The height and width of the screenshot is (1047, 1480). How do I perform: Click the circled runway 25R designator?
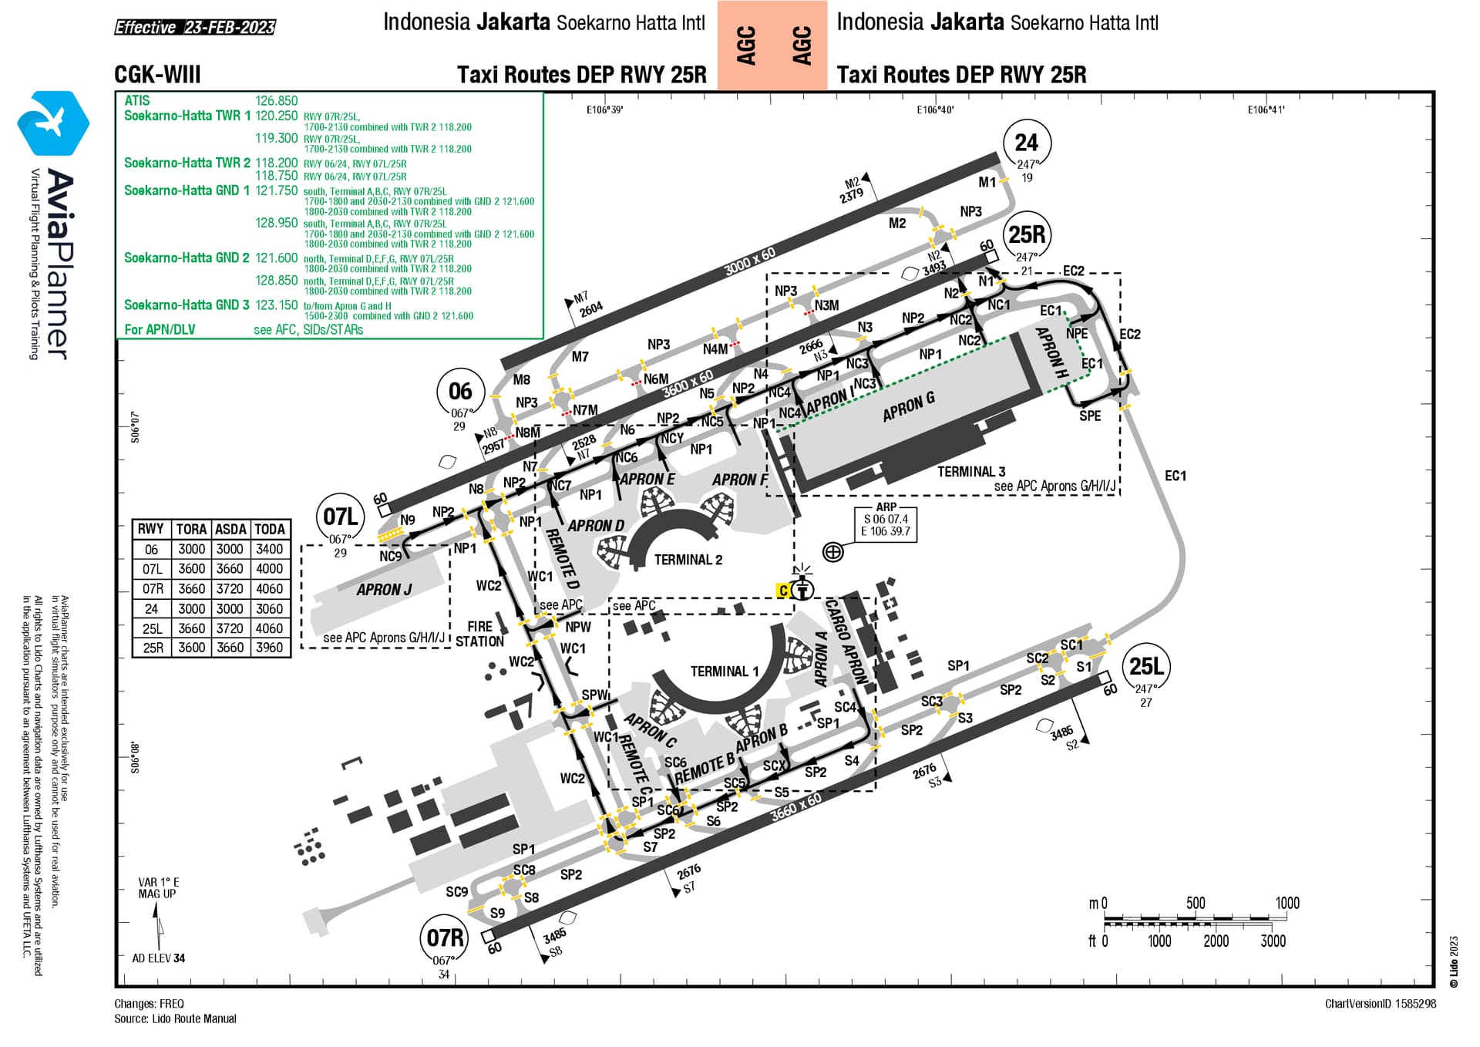click(1027, 234)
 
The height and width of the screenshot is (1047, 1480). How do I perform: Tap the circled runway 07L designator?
click(341, 517)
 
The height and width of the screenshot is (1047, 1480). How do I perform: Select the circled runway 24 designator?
click(1026, 143)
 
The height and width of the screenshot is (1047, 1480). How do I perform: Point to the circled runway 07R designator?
click(446, 938)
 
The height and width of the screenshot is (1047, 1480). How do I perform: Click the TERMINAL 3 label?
click(971, 471)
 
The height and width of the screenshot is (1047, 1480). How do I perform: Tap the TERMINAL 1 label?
click(724, 672)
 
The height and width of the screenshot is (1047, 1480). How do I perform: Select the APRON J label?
click(384, 590)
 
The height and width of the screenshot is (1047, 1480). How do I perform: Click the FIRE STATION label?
click(479, 634)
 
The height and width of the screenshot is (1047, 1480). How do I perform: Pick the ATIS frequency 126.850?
click(276, 101)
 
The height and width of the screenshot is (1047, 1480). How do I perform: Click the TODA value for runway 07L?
click(270, 569)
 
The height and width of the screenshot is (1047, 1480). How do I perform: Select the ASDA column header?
click(230, 529)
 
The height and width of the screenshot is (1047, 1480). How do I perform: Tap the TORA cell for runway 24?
click(191, 608)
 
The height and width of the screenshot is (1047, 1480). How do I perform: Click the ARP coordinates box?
click(886, 524)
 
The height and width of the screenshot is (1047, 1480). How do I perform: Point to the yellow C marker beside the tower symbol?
click(783, 591)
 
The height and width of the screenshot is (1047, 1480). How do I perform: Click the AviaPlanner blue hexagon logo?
click(53, 123)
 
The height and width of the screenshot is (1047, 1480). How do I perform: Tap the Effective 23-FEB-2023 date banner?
click(195, 28)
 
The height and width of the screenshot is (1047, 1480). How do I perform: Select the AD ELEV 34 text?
click(159, 958)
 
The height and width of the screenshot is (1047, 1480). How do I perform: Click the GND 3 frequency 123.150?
click(276, 305)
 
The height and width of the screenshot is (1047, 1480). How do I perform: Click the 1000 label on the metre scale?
click(1287, 903)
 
